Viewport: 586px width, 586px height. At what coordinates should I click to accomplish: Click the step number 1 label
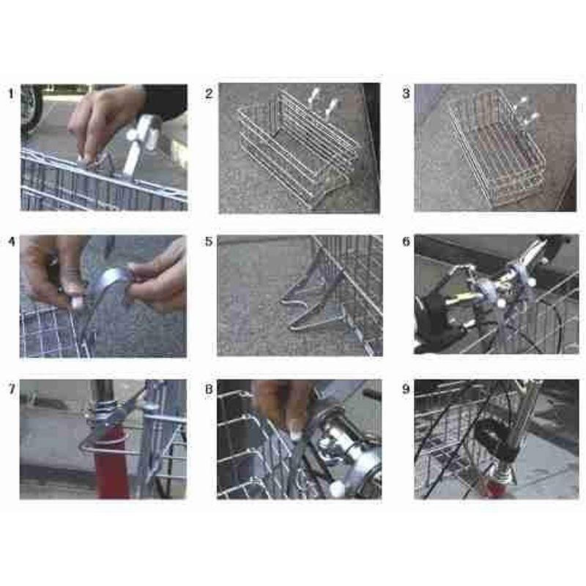point(11,94)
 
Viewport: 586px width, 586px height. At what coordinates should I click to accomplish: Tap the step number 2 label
point(209,94)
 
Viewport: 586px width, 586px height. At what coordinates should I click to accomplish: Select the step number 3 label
point(406,94)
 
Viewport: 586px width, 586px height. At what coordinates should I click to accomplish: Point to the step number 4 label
point(12,242)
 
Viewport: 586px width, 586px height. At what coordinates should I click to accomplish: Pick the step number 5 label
point(209,242)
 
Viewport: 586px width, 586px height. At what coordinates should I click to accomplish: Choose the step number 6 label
point(406,242)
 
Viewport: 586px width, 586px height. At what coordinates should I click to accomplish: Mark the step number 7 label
point(12,389)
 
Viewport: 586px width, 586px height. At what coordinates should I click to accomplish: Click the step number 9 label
point(406,389)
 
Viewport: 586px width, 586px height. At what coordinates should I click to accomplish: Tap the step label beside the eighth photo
point(209,389)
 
